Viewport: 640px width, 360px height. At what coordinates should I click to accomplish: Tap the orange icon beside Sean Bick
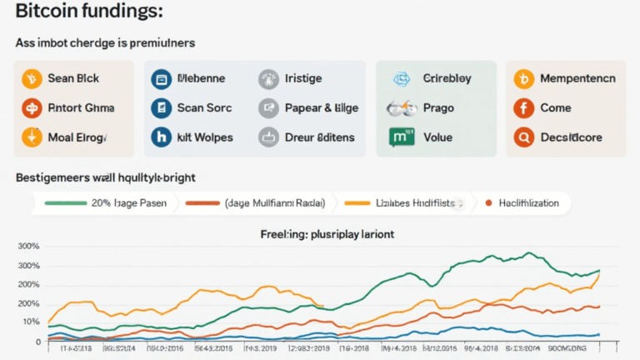click(31, 79)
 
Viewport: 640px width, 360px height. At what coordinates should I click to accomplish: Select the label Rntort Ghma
click(82, 107)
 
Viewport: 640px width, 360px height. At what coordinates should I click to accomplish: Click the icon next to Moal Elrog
click(31, 137)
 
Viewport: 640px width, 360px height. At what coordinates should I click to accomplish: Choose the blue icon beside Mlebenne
click(160, 79)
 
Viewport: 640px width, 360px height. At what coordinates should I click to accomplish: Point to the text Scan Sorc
click(205, 107)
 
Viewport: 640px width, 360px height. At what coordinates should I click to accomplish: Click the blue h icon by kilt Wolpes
click(160, 137)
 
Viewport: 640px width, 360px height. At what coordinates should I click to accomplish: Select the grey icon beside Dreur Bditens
click(267, 137)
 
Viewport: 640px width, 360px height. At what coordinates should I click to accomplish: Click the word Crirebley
click(447, 79)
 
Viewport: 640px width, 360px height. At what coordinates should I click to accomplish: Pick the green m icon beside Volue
click(397, 137)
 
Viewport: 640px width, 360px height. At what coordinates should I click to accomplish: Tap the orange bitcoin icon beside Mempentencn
click(523, 79)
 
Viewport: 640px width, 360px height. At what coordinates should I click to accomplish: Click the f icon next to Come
click(523, 107)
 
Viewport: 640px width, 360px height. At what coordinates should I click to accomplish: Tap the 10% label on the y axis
click(31, 322)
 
